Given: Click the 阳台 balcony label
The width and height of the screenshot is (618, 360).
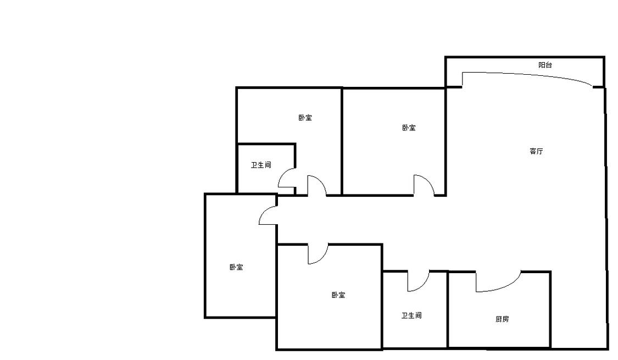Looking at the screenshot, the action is click(x=545, y=65).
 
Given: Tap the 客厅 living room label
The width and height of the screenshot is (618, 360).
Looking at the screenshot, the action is click(x=536, y=151).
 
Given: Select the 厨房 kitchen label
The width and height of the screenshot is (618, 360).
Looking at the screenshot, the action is click(x=502, y=319).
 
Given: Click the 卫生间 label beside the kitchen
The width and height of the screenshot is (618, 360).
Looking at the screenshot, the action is click(x=411, y=315).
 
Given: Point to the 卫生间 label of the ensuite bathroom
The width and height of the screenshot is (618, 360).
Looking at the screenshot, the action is click(x=261, y=165).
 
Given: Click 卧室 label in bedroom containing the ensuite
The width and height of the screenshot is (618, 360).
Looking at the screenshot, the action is click(x=305, y=118).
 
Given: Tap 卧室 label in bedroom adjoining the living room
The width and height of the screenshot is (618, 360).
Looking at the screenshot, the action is click(x=409, y=128).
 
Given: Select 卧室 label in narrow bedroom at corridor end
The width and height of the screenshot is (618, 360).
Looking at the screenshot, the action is click(x=236, y=267).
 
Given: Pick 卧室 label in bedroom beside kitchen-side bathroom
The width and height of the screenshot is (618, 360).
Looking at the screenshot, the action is click(x=338, y=295).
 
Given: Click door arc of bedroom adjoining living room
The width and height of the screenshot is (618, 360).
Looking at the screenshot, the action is click(x=427, y=180).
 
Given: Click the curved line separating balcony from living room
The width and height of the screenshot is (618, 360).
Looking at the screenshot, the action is click(x=528, y=75).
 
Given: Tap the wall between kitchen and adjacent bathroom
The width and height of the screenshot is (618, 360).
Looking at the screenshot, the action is click(x=448, y=310).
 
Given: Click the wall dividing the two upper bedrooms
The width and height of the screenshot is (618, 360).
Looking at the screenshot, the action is click(x=342, y=141).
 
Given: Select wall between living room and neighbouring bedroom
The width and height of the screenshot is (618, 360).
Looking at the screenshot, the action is click(x=446, y=142).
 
